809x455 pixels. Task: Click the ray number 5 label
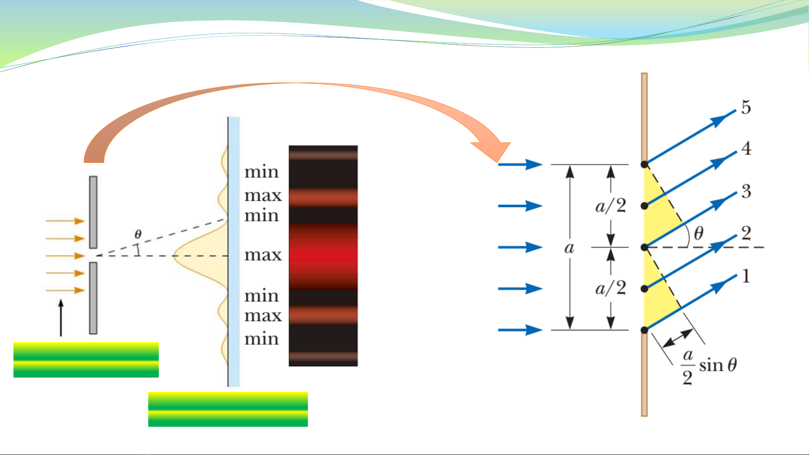click(x=746, y=107)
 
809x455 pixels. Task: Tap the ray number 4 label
click(x=746, y=148)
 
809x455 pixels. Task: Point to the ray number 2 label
click(x=746, y=233)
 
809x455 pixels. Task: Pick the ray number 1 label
click(x=746, y=276)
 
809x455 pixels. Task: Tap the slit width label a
click(x=569, y=248)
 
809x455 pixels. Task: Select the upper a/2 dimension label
click(x=611, y=206)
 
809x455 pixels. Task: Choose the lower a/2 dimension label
click(x=611, y=288)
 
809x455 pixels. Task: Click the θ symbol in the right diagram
click(x=698, y=233)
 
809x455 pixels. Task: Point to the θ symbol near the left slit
click(x=138, y=234)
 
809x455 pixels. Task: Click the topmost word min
click(x=262, y=172)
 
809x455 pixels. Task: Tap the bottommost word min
click(x=262, y=339)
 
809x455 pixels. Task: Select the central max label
click(x=263, y=255)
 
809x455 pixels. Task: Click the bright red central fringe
click(x=323, y=255)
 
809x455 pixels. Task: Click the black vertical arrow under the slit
click(x=61, y=318)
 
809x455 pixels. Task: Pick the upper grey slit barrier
click(x=93, y=212)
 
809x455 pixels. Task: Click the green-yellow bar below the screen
click(x=228, y=409)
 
